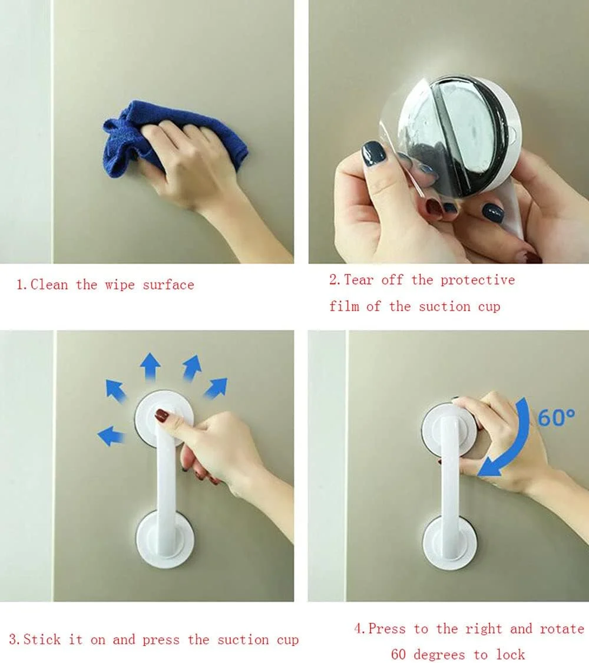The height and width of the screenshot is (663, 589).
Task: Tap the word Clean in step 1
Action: point(49,285)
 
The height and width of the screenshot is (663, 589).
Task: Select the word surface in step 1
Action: point(168,285)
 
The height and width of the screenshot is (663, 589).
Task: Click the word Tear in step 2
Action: point(359,279)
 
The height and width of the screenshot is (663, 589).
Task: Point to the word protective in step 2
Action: point(478,280)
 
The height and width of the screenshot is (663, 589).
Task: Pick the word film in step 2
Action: point(344,306)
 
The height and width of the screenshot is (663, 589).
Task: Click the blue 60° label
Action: point(556,417)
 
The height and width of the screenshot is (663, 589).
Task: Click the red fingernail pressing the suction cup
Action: point(162,415)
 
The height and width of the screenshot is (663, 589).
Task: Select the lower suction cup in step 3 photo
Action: point(165,539)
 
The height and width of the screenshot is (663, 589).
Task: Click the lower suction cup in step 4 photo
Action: point(450,543)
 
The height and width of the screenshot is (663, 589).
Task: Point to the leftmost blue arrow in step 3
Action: point(111,436)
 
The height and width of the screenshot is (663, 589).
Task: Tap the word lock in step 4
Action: point(511,654)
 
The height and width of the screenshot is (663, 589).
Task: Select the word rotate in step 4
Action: point(562,629)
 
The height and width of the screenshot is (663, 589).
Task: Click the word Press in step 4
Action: point(386,629)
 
